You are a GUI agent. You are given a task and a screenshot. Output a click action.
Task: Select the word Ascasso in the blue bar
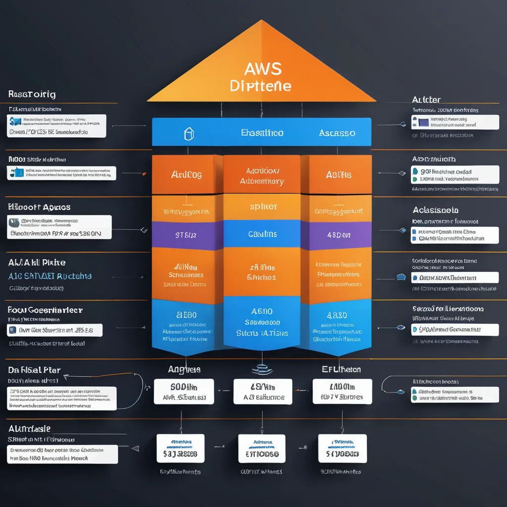click(x=337, y=133)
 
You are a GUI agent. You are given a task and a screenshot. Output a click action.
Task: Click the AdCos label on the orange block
click(x=186, y=175)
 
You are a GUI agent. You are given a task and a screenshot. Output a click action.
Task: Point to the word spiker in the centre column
click(x=263, y=206)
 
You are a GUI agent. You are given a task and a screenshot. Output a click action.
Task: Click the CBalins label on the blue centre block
click(x=262, y=234)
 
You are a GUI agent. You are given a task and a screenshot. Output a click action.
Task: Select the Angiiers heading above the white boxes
click(x=184, y=369)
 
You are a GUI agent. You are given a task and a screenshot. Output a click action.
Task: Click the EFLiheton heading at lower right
click(x=341, y=369)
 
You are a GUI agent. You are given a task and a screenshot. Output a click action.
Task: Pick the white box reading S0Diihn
click(x=184, y=392)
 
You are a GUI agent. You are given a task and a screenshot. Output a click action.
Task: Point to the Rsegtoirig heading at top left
click(x=32, y=94)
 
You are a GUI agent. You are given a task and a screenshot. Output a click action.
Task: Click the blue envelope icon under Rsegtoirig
click(x=15, y=121)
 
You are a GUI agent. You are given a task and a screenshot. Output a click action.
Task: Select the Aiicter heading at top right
click(x=426, y=100)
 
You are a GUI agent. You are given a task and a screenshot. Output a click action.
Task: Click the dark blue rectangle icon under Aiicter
click(x=423, y=121)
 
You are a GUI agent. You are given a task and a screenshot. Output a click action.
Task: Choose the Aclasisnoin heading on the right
click(x=435, y=210)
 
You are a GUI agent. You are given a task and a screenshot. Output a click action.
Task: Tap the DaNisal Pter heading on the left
click(x=34, y=370)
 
